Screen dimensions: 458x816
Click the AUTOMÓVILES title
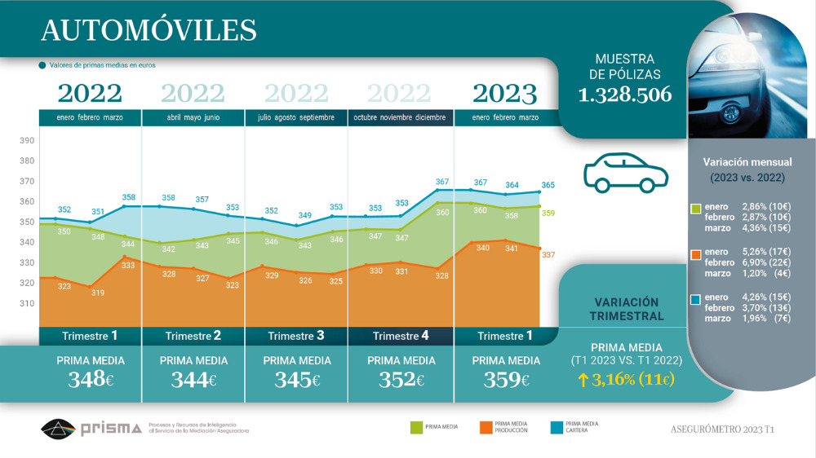point(149,30)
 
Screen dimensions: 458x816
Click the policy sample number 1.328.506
point(625,95)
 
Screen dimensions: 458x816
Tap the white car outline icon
point(625,172)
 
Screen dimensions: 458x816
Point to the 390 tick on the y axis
point(27,140)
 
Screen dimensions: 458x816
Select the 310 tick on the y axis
point(27,303)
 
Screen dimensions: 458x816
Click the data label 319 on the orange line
point(97,293)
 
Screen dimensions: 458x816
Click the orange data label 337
point(548,255)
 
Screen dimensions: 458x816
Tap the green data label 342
point(169,249)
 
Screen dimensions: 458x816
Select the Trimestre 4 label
point(401,336)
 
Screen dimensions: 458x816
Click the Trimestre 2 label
point(193,336)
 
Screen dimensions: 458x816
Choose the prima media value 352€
point(401,379)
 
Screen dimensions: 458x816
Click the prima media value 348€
point(91,379)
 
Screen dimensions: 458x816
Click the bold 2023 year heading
point(505,94)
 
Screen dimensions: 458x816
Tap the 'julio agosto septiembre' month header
point(296,117)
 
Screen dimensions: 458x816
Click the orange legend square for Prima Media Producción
point(484,426)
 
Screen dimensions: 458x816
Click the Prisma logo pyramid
point(58,428)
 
